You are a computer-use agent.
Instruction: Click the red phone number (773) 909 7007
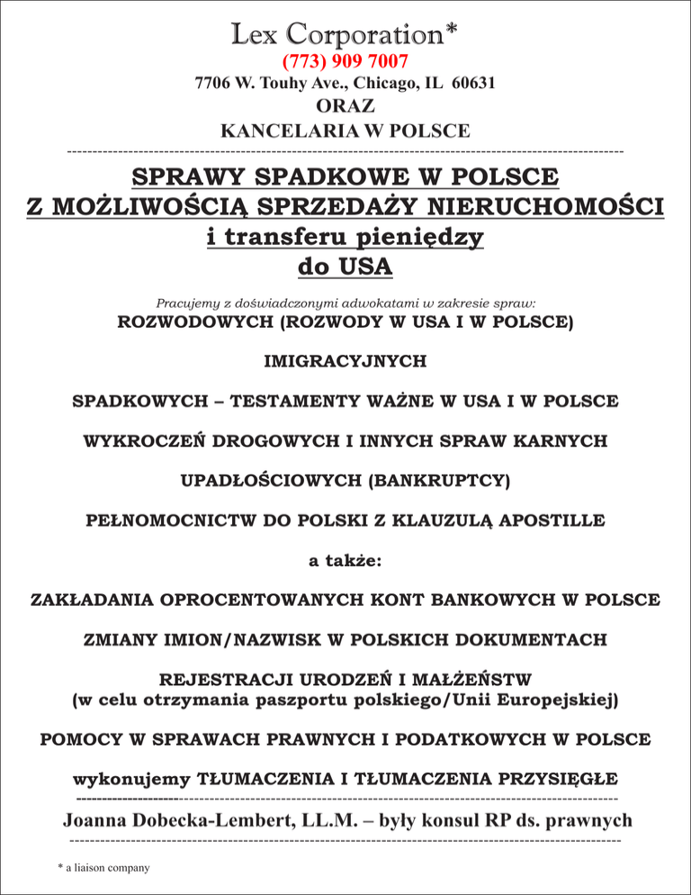click(x=345, y=61)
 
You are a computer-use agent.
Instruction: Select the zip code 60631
click(x=471, y=85)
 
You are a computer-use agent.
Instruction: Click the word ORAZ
click(x=345, y=107)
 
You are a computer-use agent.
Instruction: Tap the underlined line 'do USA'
click(x=345, y=267)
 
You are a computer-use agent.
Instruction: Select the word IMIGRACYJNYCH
click(x=345, y=361)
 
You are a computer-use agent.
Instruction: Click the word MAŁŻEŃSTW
click(x=469, y=678)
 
